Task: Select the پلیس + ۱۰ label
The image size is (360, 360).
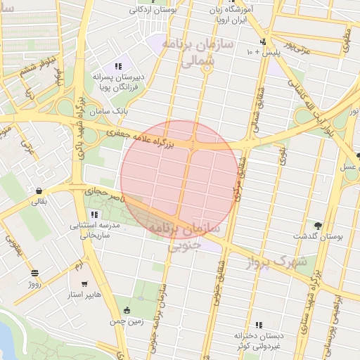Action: click(x=257, y=52)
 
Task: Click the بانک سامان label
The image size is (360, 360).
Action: click(x=112, y=112)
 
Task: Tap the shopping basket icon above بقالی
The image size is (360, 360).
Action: click(x=37, y=191)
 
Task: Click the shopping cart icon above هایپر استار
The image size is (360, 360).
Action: click(x=85, y=284)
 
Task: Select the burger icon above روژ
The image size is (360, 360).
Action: click(x=34, y=272)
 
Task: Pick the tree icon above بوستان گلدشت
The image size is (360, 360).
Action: click(x=319, y=226)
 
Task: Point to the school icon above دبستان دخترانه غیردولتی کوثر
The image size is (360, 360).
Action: click(x=258, y=325)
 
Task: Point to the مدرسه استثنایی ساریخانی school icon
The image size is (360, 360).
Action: click(x=95, y=214)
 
